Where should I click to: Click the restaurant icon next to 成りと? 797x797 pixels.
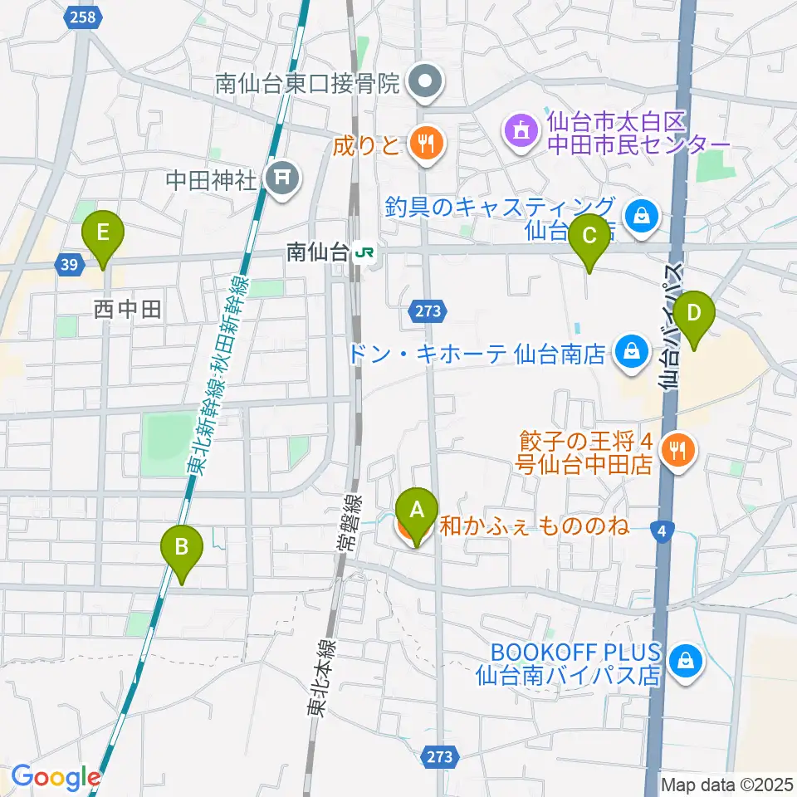point(426,145)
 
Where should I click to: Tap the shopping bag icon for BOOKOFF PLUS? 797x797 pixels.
point(687,662)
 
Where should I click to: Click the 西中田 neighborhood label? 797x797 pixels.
point(127,310)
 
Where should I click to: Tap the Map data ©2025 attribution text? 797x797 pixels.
point(727,783)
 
